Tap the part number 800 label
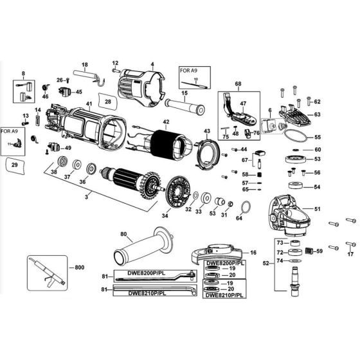pos(79,266)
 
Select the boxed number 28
pos(107,102)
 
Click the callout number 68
pos(238,85)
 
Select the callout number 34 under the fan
pos(166,216)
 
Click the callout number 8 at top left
pos(23,75)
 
